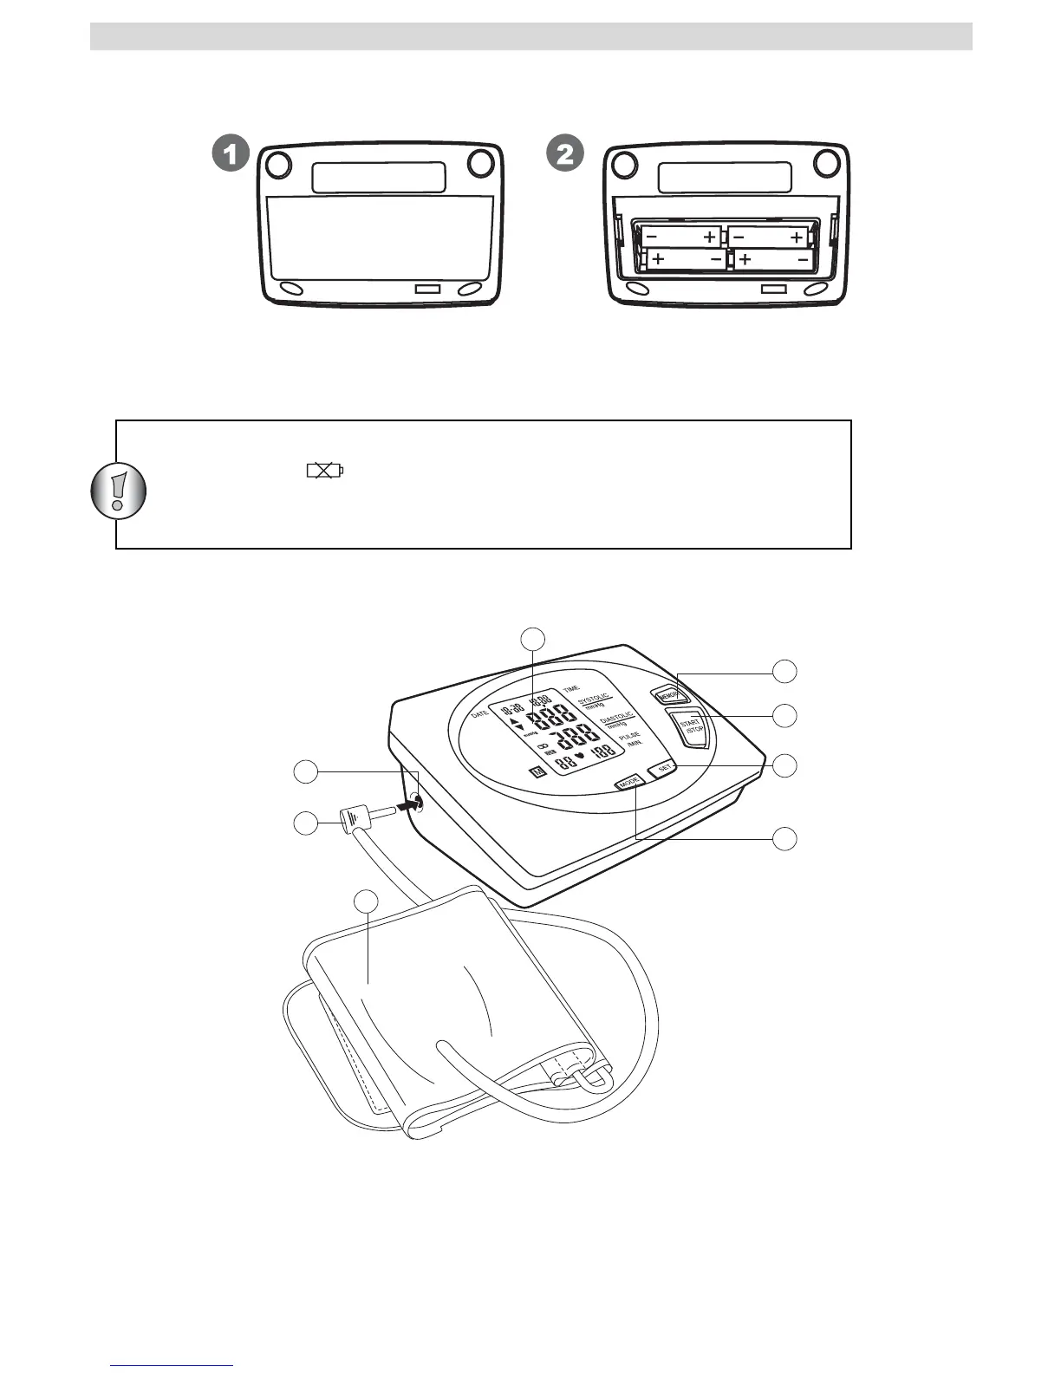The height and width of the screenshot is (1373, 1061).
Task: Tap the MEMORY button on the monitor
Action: click(668, 695)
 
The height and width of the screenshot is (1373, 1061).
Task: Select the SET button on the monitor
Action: click(665, 767)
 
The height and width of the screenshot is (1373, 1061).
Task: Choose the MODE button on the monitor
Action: click(630, 783)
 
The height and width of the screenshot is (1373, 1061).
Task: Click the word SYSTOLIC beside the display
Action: click(595, 698)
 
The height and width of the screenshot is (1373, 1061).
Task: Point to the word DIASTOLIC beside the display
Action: click(617, 718)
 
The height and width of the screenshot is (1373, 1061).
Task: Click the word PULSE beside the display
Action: click(629, 736)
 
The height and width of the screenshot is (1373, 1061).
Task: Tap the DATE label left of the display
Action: click(480, 715)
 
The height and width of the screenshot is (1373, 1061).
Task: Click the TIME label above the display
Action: click(571, 688)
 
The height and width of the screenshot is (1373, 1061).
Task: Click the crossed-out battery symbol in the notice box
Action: click(324, 471)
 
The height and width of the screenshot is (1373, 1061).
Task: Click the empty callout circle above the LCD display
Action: click(533, 638)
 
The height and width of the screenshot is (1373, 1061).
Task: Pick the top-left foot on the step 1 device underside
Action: click(277, 163)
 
